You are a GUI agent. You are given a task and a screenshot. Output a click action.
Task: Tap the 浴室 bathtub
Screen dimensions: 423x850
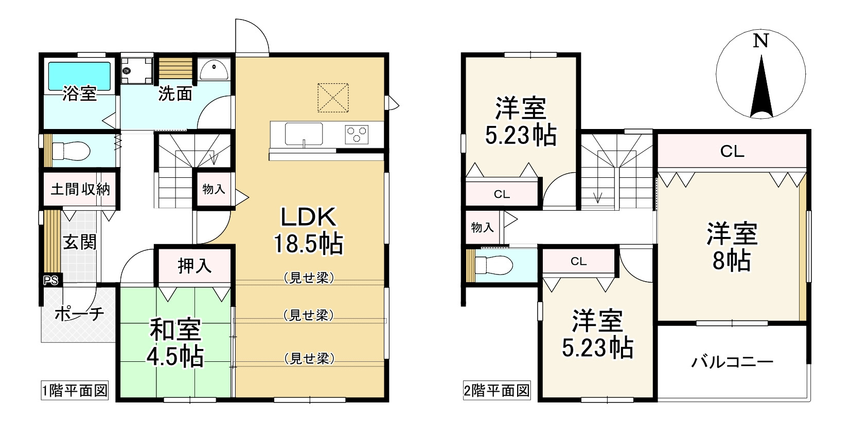[x=79, y=76]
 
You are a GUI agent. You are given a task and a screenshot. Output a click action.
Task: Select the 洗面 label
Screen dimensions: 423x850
[x=175, y=94]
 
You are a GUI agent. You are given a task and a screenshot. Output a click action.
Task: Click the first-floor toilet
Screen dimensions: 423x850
[x=70, y=151]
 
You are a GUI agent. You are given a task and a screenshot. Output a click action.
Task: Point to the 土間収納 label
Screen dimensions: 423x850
[x=80, y=189]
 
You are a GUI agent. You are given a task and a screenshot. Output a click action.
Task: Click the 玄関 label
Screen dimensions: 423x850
[x=80, y=242]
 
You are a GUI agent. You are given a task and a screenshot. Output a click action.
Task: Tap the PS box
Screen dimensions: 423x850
[x=51, y=281]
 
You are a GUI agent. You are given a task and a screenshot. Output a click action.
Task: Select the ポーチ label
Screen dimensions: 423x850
[x=79, y=313]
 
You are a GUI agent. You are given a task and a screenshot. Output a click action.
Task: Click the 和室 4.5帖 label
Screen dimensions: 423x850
[x=176, y=343]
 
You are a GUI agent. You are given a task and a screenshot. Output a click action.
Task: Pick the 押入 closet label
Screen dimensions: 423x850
[x=194, y=266]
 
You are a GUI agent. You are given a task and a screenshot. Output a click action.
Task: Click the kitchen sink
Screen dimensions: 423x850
[x=304, y=134]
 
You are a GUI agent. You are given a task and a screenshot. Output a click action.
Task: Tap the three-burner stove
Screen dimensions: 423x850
[x=356, y=135]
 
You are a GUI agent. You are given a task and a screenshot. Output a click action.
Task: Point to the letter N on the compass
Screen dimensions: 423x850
[x=760, y=41]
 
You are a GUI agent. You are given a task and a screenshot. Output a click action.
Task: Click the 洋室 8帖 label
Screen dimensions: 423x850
[x=732, y=247]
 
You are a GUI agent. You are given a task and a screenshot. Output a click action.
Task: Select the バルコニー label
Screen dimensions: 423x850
[x=732, y=362]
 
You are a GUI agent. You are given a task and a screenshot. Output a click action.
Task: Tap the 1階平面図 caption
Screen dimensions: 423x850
[x=75, y=391]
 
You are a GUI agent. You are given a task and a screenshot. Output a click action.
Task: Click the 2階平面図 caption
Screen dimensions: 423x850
[x=497, y=391]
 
